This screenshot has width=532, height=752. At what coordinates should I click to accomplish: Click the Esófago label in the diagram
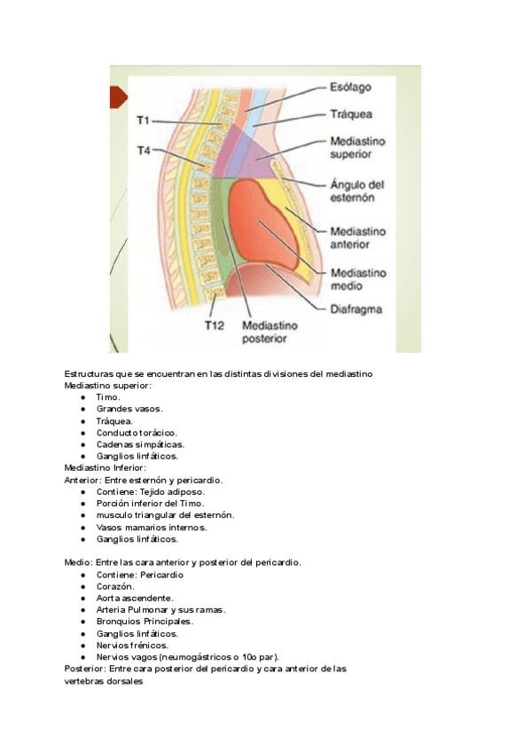pos(350,87)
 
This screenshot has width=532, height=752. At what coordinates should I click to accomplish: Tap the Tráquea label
pos(351,114)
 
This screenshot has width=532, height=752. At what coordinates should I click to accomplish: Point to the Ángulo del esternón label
pos(357,192)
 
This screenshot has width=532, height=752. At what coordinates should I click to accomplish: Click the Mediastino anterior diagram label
pos(357,238)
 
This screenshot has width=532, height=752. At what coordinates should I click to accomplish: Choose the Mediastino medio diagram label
pos(357,279)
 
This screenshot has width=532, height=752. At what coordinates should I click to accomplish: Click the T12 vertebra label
pos(215,325)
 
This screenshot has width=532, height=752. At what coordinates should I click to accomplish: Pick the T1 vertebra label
pos(144,119)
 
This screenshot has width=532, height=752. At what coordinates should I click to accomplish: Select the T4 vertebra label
pos(144,152)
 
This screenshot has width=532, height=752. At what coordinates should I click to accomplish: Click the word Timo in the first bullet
pos(108,397)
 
